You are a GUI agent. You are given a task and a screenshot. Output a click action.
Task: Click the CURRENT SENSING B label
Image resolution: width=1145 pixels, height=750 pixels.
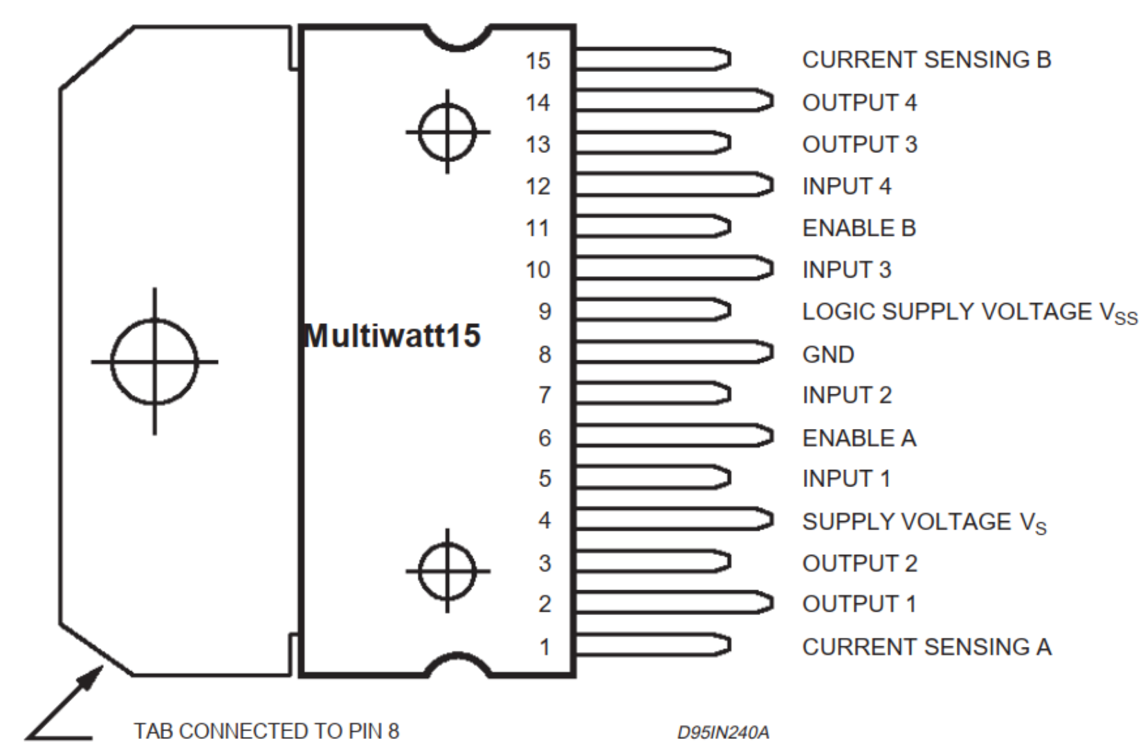click(x=926, y=60)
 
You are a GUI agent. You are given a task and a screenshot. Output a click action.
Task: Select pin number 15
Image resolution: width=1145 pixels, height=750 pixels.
click(x=538, y=61)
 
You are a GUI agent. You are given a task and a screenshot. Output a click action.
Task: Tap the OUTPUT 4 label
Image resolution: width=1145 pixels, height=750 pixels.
click(x=859, y=103)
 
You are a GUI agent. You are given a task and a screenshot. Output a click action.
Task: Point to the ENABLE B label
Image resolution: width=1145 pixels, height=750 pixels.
click(x=859, y=228)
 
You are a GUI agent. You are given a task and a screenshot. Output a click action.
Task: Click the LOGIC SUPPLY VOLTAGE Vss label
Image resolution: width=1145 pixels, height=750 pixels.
click(x=969, y=313)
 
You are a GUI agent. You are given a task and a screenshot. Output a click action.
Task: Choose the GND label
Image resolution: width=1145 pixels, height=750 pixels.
click(x=828, y=355)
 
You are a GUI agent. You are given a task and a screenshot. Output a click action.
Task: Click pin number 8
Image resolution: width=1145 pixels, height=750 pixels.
click(x=544, y=355)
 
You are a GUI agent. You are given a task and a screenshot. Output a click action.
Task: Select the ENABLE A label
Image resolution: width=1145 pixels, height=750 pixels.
click(x=859, y=438)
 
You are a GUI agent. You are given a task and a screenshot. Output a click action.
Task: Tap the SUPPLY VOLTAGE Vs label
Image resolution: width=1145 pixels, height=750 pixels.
click(x=924, y=522)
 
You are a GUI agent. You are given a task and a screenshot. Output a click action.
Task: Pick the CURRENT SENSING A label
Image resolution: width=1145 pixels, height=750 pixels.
click(x=926, y=648)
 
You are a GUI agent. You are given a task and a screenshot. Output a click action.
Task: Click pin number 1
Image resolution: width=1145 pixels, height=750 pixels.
click(x=544, y=648)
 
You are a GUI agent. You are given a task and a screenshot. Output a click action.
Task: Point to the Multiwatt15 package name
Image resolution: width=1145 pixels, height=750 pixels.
click(x=392, y=336)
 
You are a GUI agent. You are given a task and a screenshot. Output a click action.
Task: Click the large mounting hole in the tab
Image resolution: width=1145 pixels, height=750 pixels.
click(x=154, y=361)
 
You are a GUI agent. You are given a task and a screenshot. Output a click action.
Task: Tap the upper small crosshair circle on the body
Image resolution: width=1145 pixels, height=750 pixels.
click(x=448, y=131)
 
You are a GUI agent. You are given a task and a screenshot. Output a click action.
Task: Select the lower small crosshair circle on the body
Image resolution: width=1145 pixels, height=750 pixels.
click(x=448, y=571)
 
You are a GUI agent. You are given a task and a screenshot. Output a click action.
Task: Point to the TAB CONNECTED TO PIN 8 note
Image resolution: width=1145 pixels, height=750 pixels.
click(x=266, y=731)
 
